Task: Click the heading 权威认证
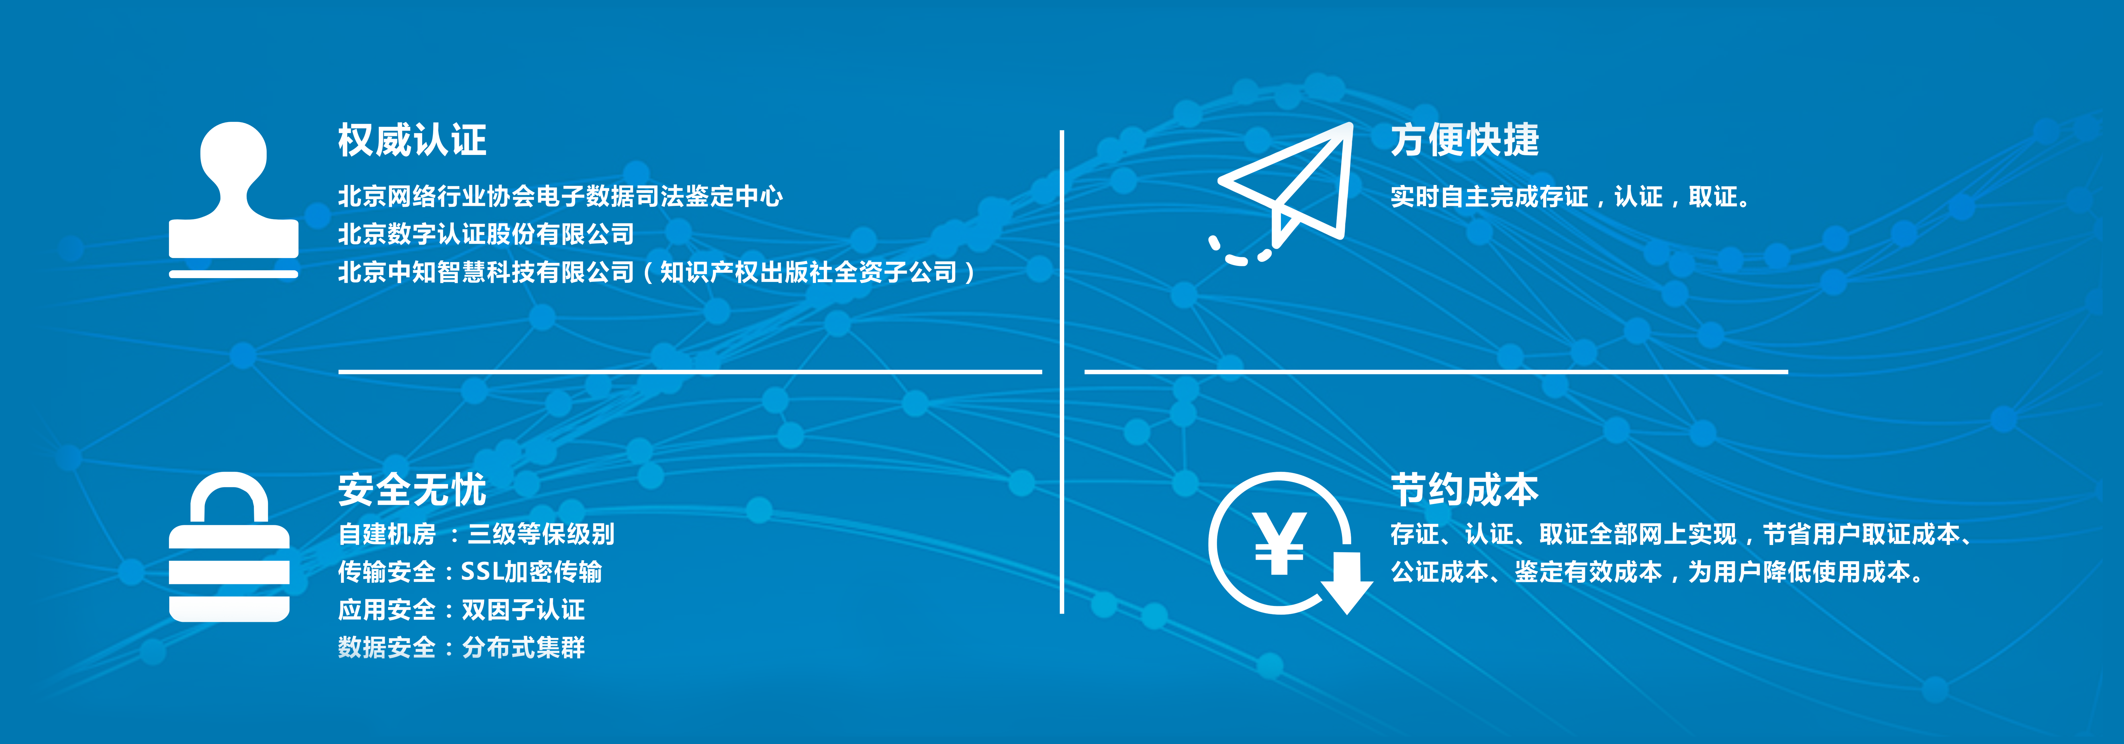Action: pyautogui.click(x=412, y=139)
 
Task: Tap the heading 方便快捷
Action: pyautogui.click(x=1464, y=139)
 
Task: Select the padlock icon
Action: pyautogui.click(x=229, y=547)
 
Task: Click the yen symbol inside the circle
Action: pyautogui.click(x=1279, y=543)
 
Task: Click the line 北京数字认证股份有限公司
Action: pyautogui.click(x=486, y=234)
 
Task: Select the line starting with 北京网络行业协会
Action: pyautogui.click(x=560, y=196)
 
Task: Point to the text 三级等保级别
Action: pyautogui.click(x=541, y=534)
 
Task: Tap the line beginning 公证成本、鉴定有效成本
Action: pyautogui.click(x=1657, y=571)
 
